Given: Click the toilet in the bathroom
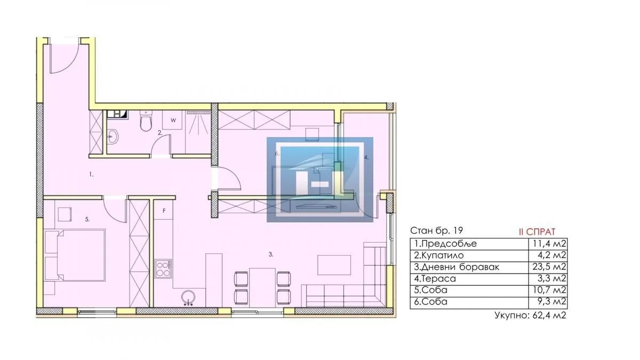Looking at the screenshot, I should [x=145, y=123].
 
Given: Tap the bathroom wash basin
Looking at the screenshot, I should [x=113, y=137].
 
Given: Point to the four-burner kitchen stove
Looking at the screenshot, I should [x=163, y=268].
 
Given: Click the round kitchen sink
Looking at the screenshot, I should [x=188, y=298].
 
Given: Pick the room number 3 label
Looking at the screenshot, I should [x=271, y=255].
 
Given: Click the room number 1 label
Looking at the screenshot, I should [x=91, y=174].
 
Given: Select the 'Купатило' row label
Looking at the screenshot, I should [x=443, y=255].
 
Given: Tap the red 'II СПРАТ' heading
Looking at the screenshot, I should [x=537, y=231].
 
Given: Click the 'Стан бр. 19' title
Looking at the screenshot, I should [x=436, y=231].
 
